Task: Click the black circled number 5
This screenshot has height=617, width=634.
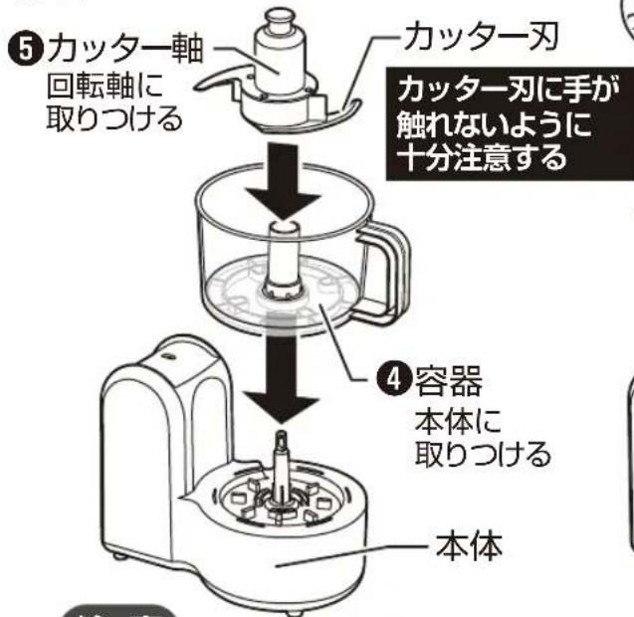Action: click(26, 50)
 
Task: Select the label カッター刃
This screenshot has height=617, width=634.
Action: click(482, 36)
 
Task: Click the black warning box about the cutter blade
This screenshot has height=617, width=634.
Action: click(511, 123)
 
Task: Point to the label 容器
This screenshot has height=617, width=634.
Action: click(449, 380)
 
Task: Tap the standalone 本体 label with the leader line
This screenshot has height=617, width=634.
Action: click(470, 545)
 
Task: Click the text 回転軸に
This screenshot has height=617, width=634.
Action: click(106, 86)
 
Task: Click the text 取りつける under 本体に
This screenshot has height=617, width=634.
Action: click(483, 454)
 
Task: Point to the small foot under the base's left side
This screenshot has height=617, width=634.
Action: click(118, 556)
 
